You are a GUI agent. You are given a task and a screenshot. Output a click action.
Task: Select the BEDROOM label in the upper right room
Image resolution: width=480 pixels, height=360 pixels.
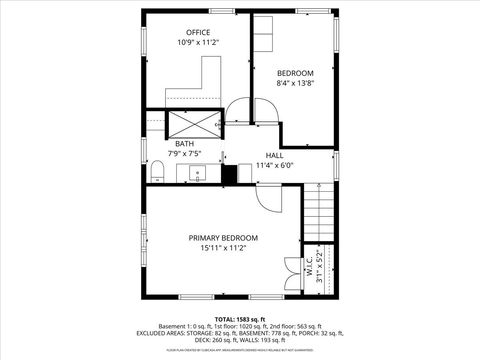click(295, 73)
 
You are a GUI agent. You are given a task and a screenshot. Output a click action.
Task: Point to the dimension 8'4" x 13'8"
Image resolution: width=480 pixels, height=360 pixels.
click(295, 84)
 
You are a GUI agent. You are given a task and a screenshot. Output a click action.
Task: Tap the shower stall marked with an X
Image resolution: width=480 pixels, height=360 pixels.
click(194, 124)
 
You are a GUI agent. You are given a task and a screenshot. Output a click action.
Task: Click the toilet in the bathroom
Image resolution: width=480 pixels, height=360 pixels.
click(156, 173)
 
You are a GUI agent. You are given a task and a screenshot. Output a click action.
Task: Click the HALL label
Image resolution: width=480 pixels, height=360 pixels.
click(274, 155)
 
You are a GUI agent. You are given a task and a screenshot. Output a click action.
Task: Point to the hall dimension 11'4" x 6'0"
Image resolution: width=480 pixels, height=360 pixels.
click(274, 166)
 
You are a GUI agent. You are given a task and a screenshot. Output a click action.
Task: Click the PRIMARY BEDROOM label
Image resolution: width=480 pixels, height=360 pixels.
click(223, 237)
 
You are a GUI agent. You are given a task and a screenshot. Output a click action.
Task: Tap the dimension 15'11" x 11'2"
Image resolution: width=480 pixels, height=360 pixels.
click(223, 248)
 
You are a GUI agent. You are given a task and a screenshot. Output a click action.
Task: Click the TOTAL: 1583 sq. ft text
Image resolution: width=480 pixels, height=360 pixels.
click(239, 317)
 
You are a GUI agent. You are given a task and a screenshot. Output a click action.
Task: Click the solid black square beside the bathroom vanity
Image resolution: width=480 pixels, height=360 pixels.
click(229, 174)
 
